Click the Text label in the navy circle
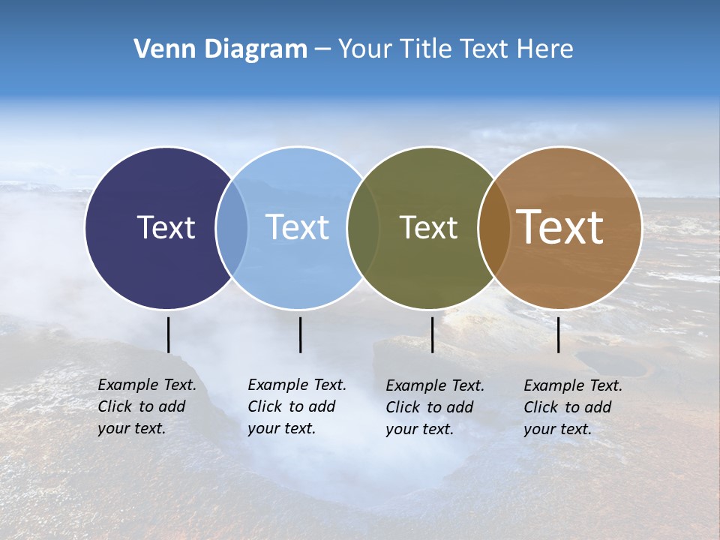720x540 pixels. (166, 227)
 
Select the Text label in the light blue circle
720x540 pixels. (297, 227)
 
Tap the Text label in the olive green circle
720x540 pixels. (428, 227)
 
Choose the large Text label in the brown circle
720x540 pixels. (560, 226)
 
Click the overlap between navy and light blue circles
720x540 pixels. (232, 227)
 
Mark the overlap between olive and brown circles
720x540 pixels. (494, 227)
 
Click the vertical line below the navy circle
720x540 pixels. (168, 334)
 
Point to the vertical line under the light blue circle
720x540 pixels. (300, 334)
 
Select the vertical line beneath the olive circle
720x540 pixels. (432, 334)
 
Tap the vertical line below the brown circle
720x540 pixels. (558, 334)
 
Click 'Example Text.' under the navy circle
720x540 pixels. (147, 385)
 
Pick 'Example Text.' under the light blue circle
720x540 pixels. (297, 385)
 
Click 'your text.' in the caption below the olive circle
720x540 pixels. (420, 429)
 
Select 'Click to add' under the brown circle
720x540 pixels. (568, 407)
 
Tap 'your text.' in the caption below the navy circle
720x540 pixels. (132, 428)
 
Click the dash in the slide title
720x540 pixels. (322, 50)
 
